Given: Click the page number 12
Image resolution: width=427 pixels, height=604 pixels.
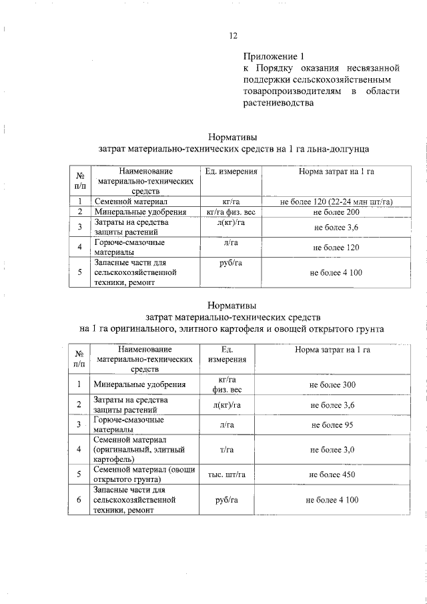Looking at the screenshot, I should (233, 36).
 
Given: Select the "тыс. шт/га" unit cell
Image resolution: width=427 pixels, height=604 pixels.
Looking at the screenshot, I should (228, 475).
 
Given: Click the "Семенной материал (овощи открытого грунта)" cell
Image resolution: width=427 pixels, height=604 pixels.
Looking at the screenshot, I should (140, 475).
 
